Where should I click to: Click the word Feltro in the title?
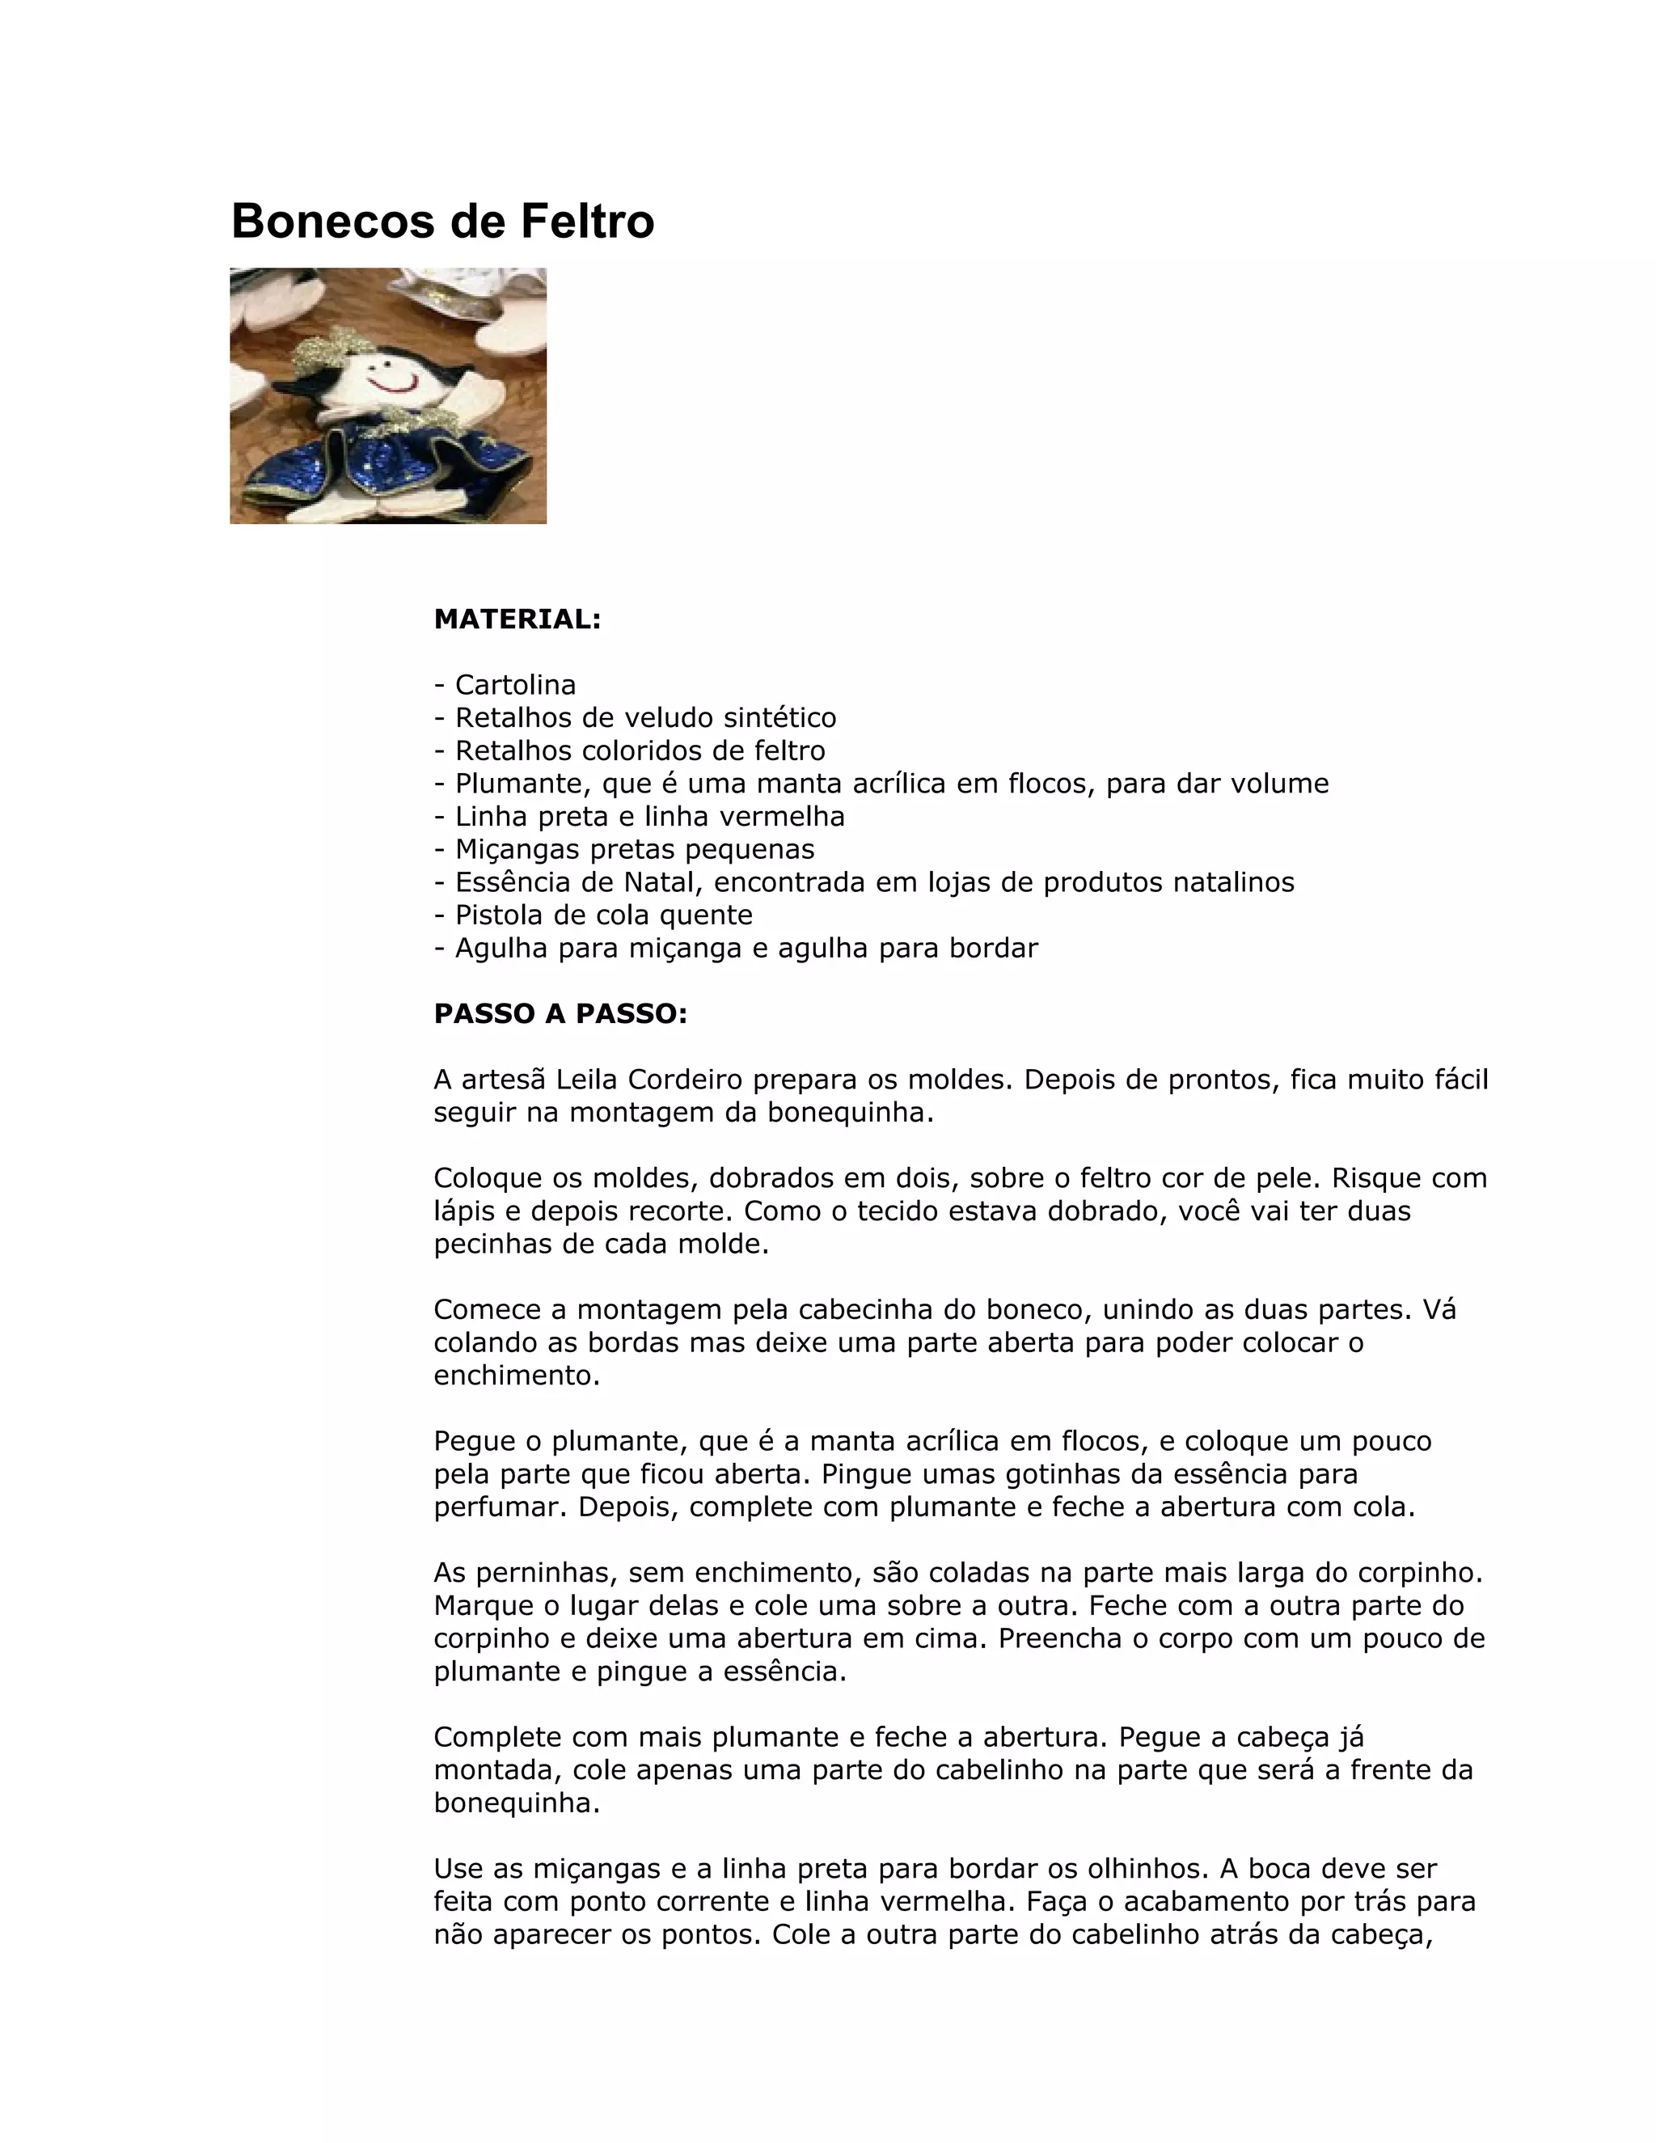587,221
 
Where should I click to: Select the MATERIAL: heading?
517,619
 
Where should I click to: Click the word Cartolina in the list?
515,685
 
